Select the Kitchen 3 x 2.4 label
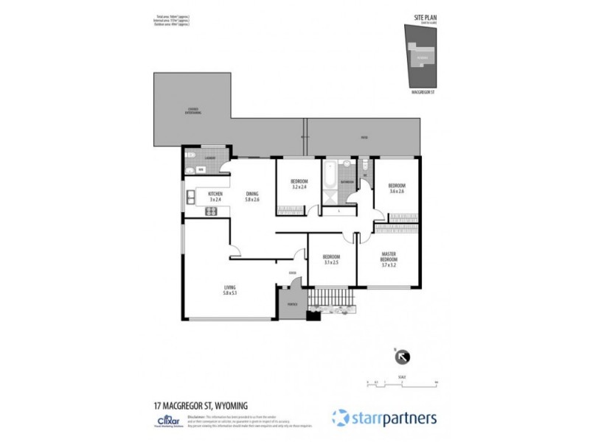[215, 197]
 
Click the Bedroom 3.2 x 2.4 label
[299, 184]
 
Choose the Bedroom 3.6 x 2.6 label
[397, 189]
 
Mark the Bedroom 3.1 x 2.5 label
[330, 260]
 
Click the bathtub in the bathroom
[331, 174]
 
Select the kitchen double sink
[190, 196]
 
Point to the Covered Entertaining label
[192, 111]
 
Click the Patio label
[364, 138]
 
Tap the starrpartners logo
[383, 418]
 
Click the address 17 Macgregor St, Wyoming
[200, 405]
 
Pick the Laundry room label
[209, 157]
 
